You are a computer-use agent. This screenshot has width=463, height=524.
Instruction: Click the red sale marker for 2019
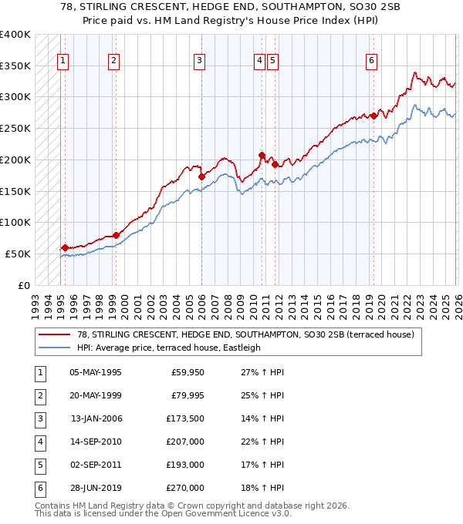pyautogui.click(x=373, y=116)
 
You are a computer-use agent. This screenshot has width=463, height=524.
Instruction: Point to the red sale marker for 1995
pyautogui.click(x=65, y=247)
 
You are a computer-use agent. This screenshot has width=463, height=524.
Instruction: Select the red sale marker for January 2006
pyautogui.click(x=201, y=176)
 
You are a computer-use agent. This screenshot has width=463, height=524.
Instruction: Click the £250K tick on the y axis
pyautogui.click(x=15, y=128)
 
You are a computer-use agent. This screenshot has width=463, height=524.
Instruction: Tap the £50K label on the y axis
pyautogui.click(x=17, y=254)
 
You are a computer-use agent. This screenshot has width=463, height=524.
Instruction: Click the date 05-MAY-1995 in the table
pyautogui.click(x=96, y=372)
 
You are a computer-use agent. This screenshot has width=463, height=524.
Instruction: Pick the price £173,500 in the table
pyautogui.click(x=185, y=418)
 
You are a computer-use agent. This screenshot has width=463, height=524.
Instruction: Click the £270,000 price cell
pyautogui.click(x=185, y=488)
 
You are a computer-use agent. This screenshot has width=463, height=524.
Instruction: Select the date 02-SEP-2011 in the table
pyautogui.click(x=96, y=465)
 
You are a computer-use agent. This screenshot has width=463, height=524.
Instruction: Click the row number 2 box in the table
pyautogui.click(x=38, y=395)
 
